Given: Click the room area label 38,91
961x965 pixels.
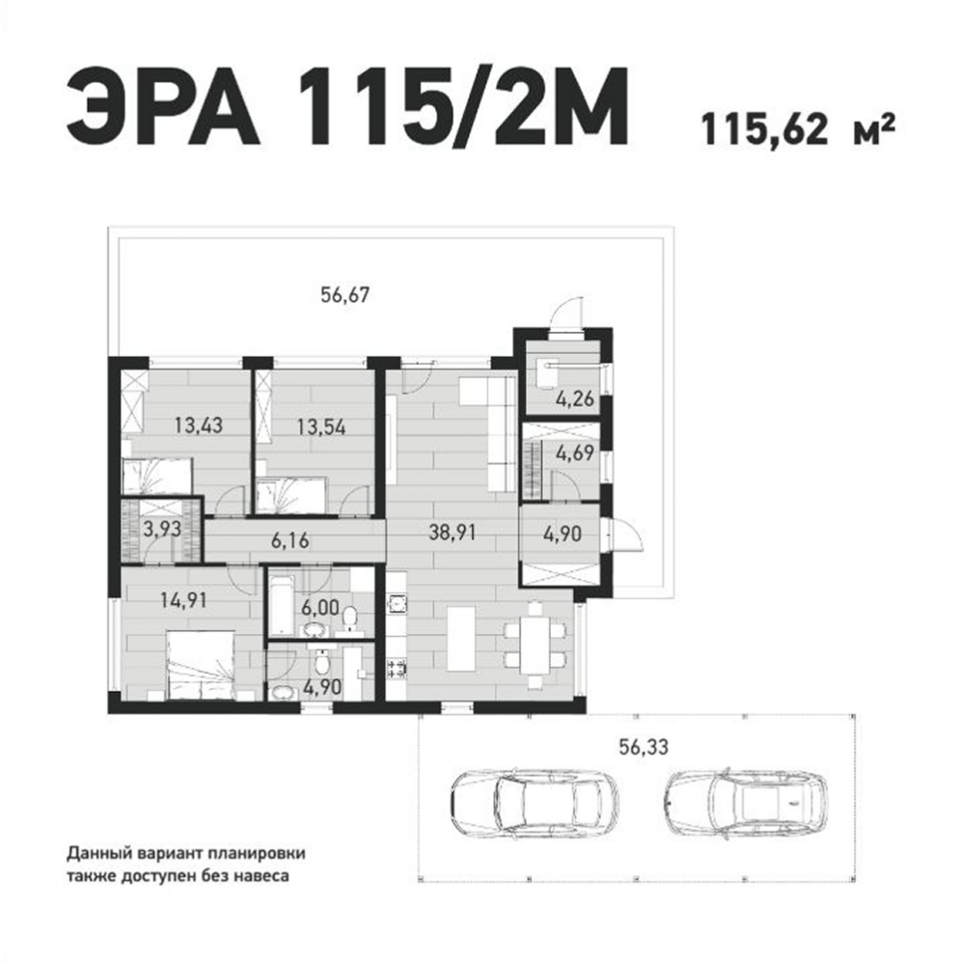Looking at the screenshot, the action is [x=453, y=533].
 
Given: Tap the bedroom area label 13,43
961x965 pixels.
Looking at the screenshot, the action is [x=198, y=425].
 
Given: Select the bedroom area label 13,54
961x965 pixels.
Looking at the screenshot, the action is [x=321, y=427].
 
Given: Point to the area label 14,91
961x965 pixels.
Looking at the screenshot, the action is [x=183, y=600].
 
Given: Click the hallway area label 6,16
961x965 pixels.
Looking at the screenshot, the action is [x=289, y=541].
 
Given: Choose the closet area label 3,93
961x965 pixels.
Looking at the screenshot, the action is [x=162, y=529].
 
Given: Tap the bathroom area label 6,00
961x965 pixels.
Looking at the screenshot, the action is [x=320, y=608].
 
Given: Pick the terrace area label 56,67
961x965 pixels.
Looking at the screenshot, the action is [x=345, y=294].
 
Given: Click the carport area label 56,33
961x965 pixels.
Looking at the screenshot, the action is [x=643, y=747].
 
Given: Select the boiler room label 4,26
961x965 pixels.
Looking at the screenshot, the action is [x=575, y=400].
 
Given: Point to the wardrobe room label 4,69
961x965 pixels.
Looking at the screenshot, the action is [x=575, y=454].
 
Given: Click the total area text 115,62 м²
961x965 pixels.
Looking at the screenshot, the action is [x=798, y=129].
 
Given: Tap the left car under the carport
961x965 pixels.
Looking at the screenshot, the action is [x=534, y=802].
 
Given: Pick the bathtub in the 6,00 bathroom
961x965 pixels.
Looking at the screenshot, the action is [x=282, y=606].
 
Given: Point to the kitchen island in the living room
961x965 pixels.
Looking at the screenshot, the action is [x=461, y=638].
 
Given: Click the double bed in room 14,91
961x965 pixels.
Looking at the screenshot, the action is [x=201, y=666].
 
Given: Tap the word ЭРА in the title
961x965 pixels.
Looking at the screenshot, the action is [x=161, y=107].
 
